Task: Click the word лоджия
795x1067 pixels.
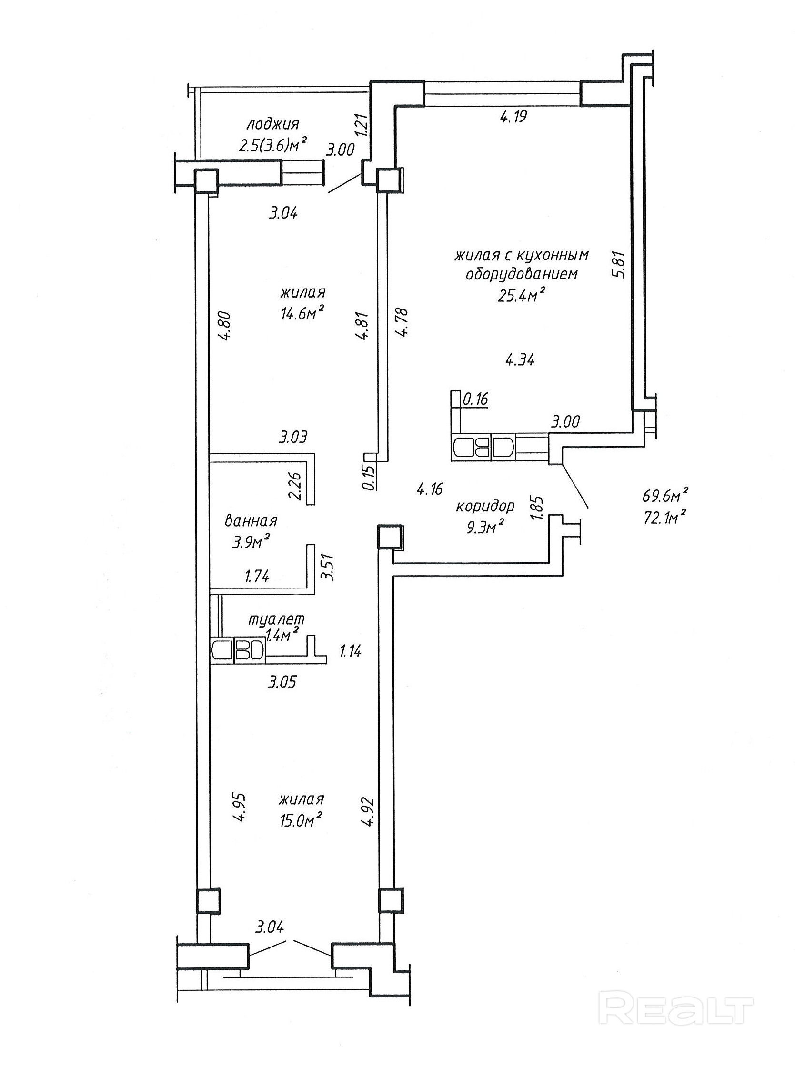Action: click(273, 125)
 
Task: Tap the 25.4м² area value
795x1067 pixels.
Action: click(521, 294)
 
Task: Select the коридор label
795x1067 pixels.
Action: click(485, 506)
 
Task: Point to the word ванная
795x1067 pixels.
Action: click(251, 521)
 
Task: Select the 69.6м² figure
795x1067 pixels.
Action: click(664, 495)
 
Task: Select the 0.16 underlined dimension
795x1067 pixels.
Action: click(475, 399)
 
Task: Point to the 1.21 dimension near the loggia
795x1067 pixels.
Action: click(364, 125)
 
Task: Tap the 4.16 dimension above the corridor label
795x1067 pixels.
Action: click(430, 489)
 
